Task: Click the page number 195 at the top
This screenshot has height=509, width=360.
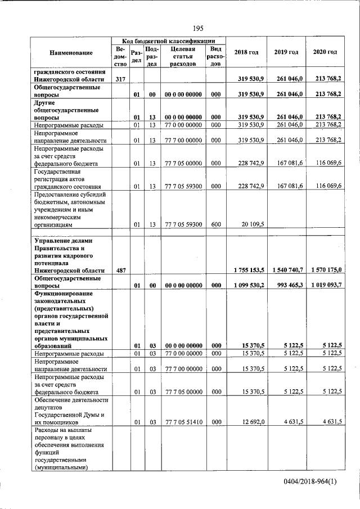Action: (198, 29)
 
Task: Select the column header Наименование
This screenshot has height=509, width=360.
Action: (71, 52)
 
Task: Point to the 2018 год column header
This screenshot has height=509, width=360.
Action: (246, 52)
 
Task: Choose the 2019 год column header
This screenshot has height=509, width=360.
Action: (286, 52)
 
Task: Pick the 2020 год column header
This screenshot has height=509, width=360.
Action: (325, 52)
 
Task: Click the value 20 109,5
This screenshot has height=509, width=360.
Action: (253, 224)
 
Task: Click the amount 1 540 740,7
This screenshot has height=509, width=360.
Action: (286, 271)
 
